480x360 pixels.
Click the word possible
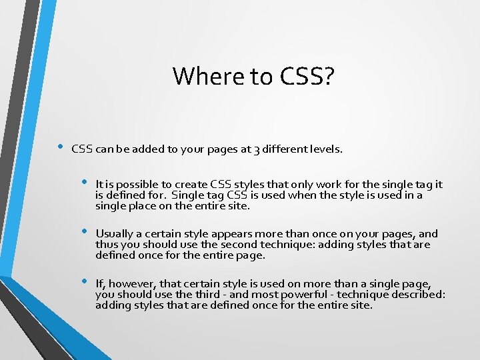tap(137, 185)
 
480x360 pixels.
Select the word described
tap(419, 295)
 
